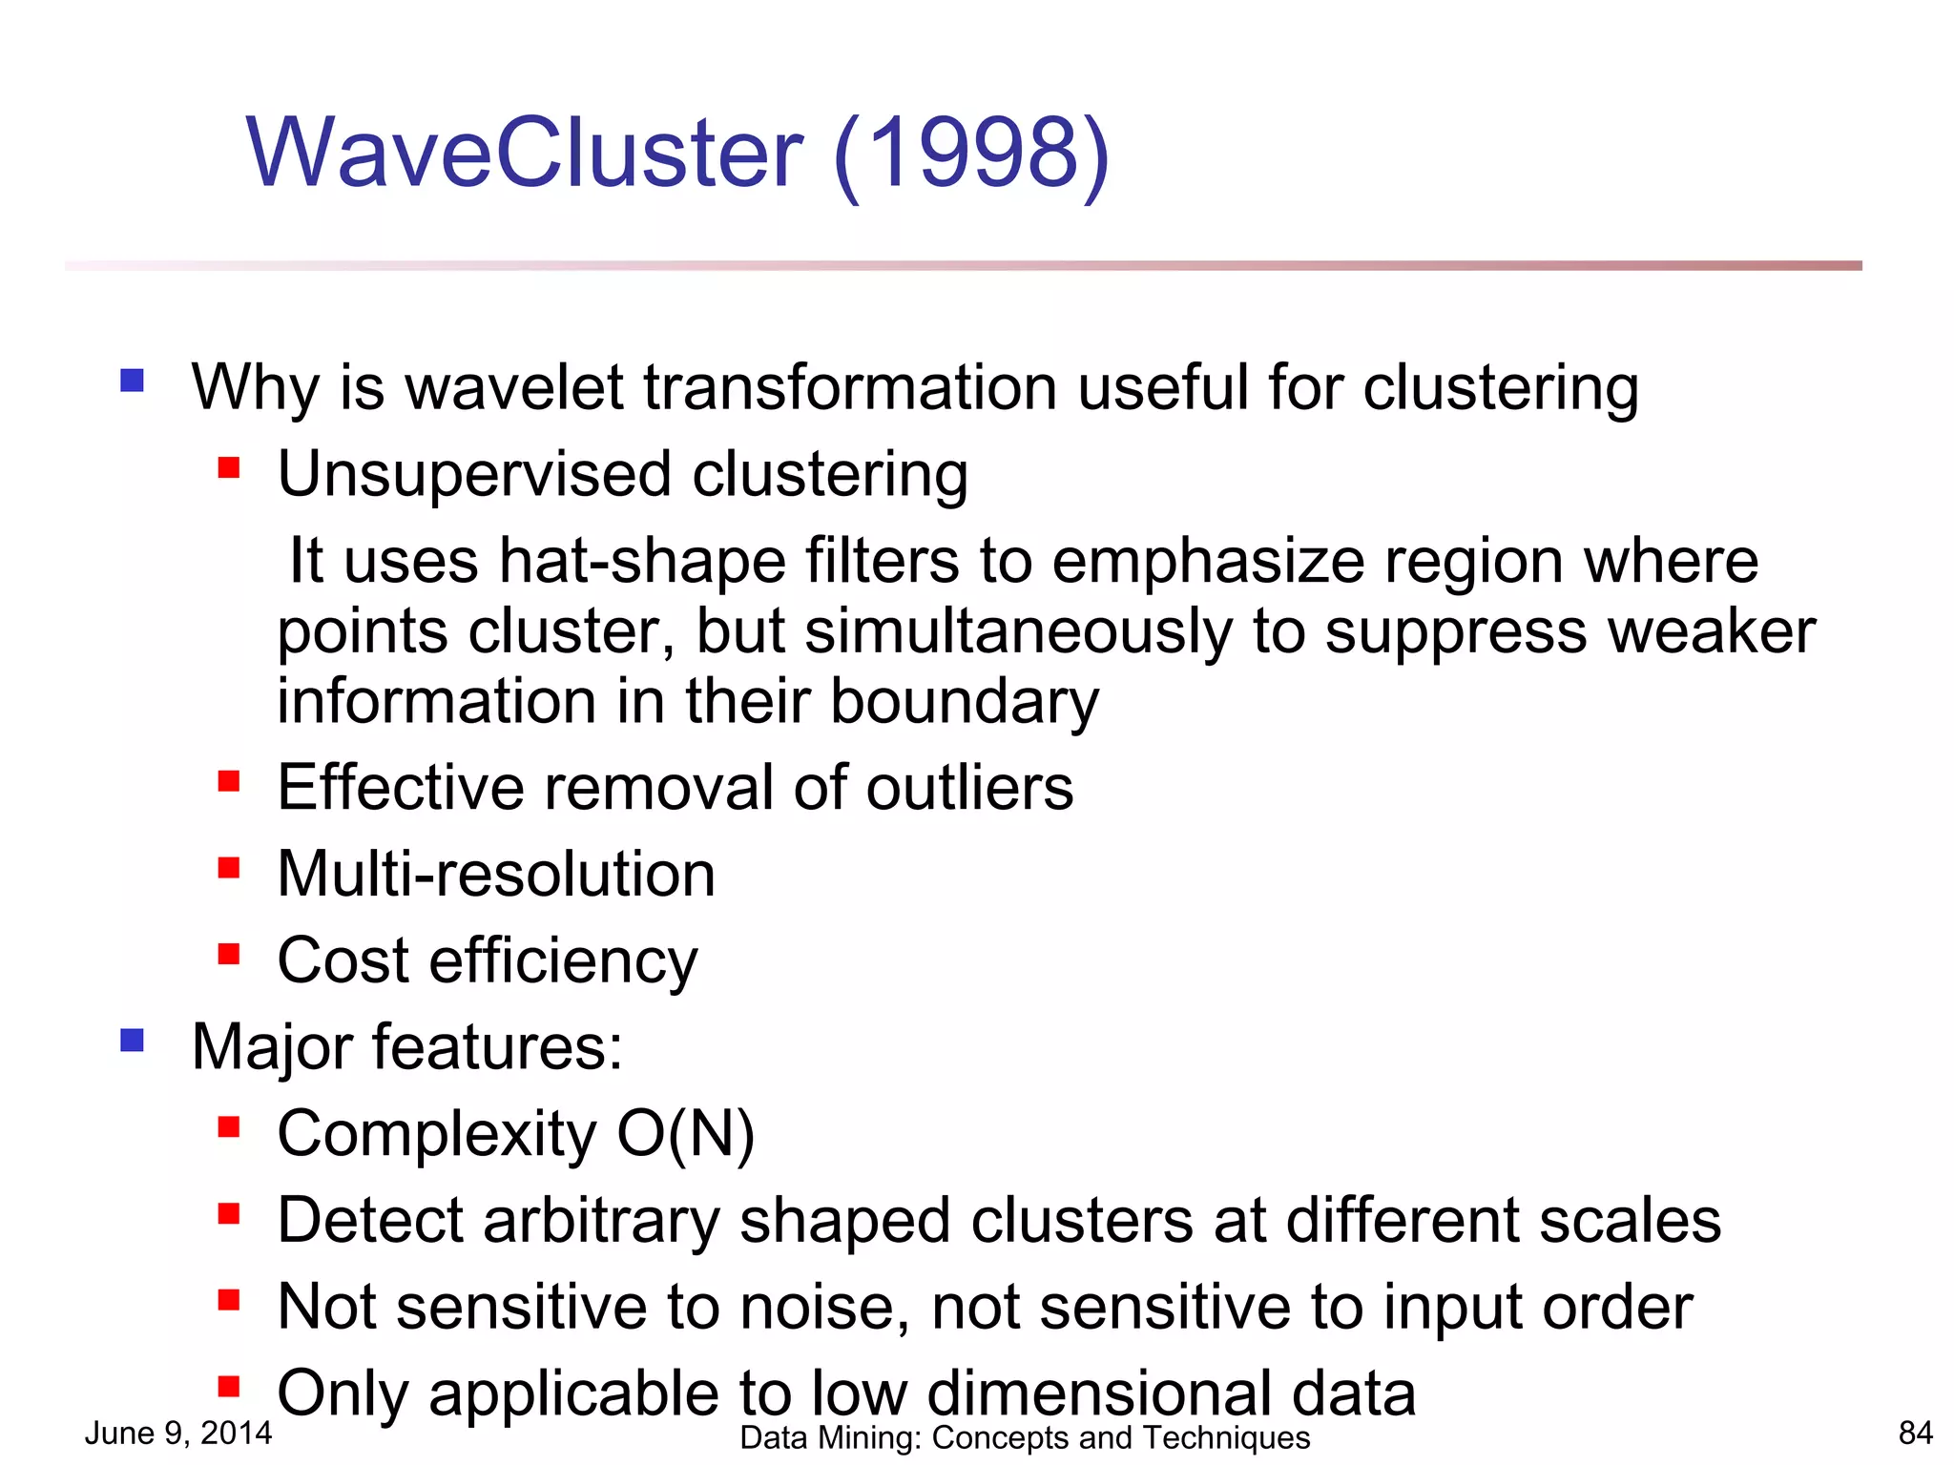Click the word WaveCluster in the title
[525, 153]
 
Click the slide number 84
[1915, 1433]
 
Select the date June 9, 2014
[178, 1433]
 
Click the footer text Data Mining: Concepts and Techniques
[1025, 1437]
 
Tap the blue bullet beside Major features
[133, 1040]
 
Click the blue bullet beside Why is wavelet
[133, 382]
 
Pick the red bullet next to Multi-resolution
[229, 868]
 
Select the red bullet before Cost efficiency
[229, 954]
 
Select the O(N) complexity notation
[685, 1134]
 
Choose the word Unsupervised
[474, 475]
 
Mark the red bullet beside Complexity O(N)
[229, 1128]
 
